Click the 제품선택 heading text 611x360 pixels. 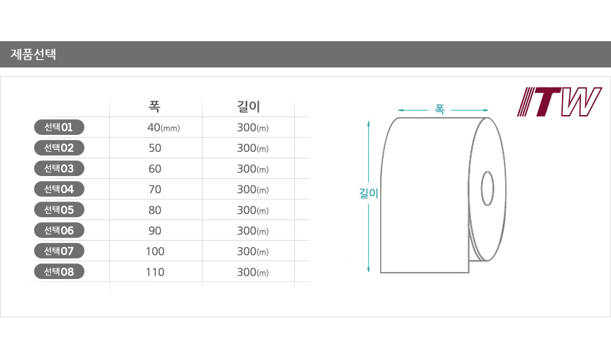tap(33, 54)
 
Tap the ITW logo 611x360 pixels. tap(559, 102)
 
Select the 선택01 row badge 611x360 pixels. tap(59, 127)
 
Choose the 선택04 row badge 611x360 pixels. tap(59, 189)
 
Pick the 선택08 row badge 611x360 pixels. tap(59, 271)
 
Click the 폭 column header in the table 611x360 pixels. tap(154, 106)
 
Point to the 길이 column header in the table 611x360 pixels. tap(248, 106)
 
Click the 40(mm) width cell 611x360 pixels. tap(163, 127)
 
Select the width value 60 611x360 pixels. tap(155, 169)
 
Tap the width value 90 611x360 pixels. tap(155, 231)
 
